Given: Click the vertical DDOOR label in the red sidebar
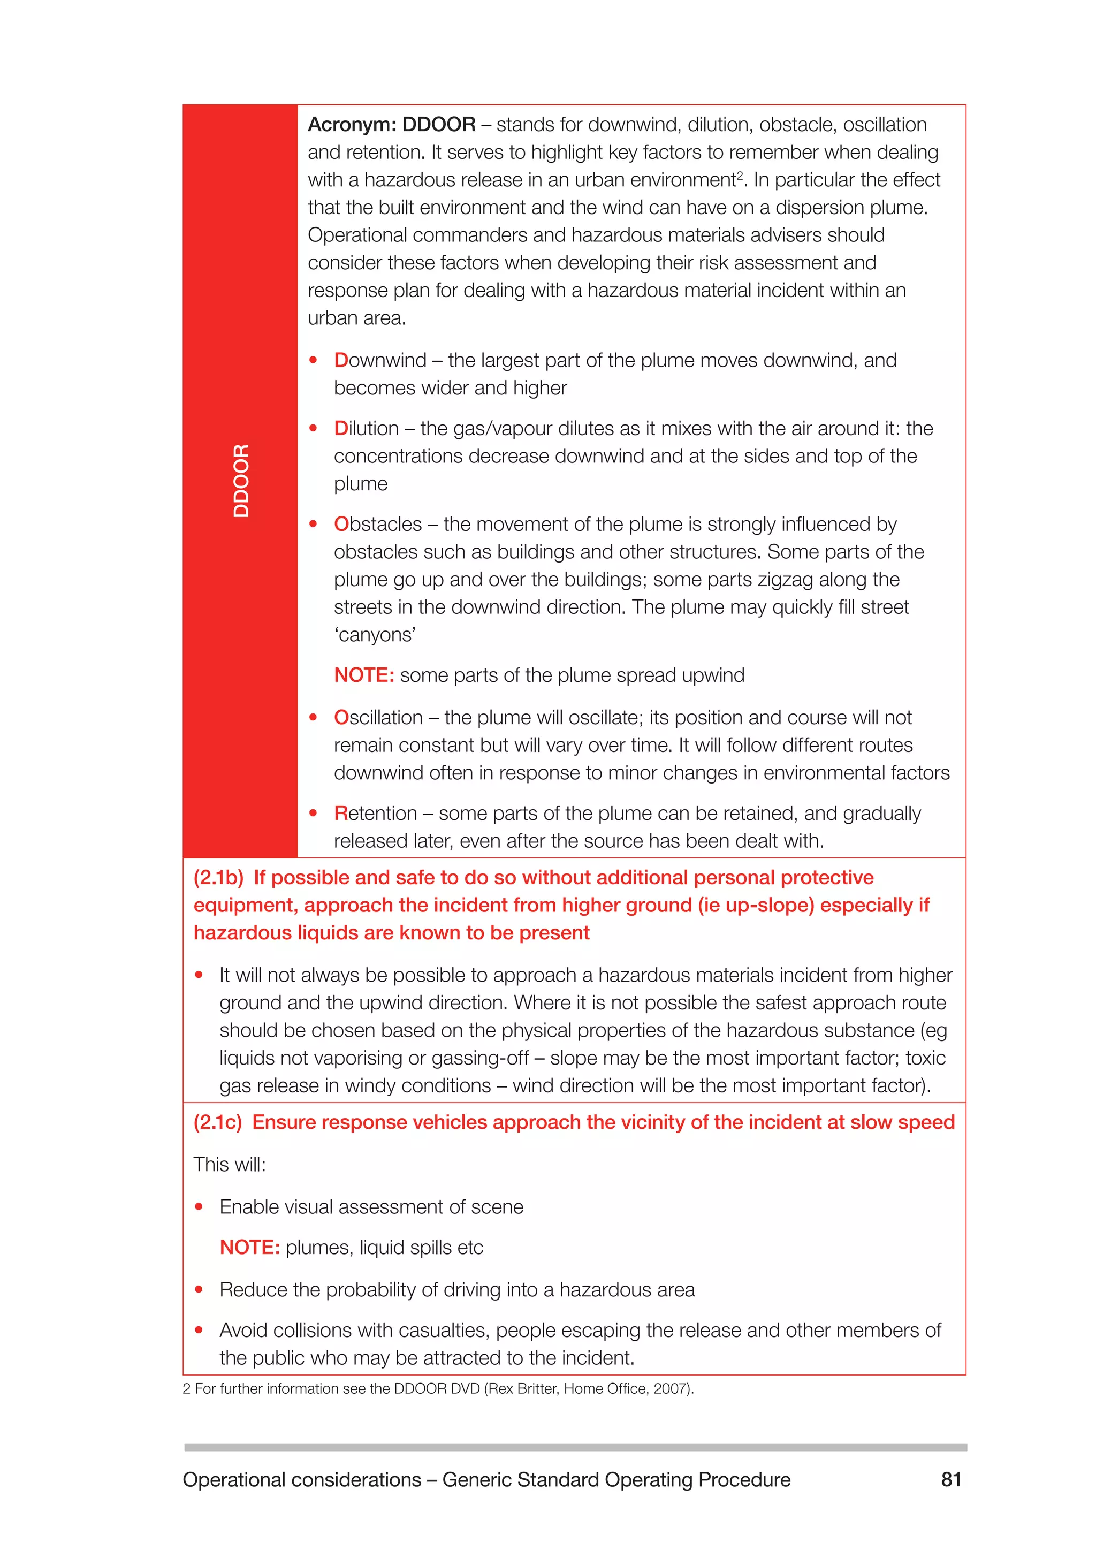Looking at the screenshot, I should coord(241,481).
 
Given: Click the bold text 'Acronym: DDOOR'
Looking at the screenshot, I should coord(391,125).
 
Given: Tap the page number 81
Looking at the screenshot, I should coord(950,1479).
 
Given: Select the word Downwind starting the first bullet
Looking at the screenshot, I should coord(380,361).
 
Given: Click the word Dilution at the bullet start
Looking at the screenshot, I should coord(366,429).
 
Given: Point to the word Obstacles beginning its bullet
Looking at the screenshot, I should coord(377,525).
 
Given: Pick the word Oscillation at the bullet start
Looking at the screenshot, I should coord(378,718).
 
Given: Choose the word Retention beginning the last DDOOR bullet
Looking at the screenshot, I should coord(375,814).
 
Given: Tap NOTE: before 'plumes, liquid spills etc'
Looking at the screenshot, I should coord(249,1248).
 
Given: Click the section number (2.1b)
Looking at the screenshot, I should coord(218,878).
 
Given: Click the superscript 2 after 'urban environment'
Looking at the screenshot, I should coord(740,175).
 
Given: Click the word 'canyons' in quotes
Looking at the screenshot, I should coord(375,635).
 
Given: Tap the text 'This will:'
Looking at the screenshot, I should coord(230,1165).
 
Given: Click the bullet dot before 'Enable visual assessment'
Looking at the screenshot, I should coord(199,1206).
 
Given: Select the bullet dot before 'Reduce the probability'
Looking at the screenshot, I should coord(199,1289).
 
